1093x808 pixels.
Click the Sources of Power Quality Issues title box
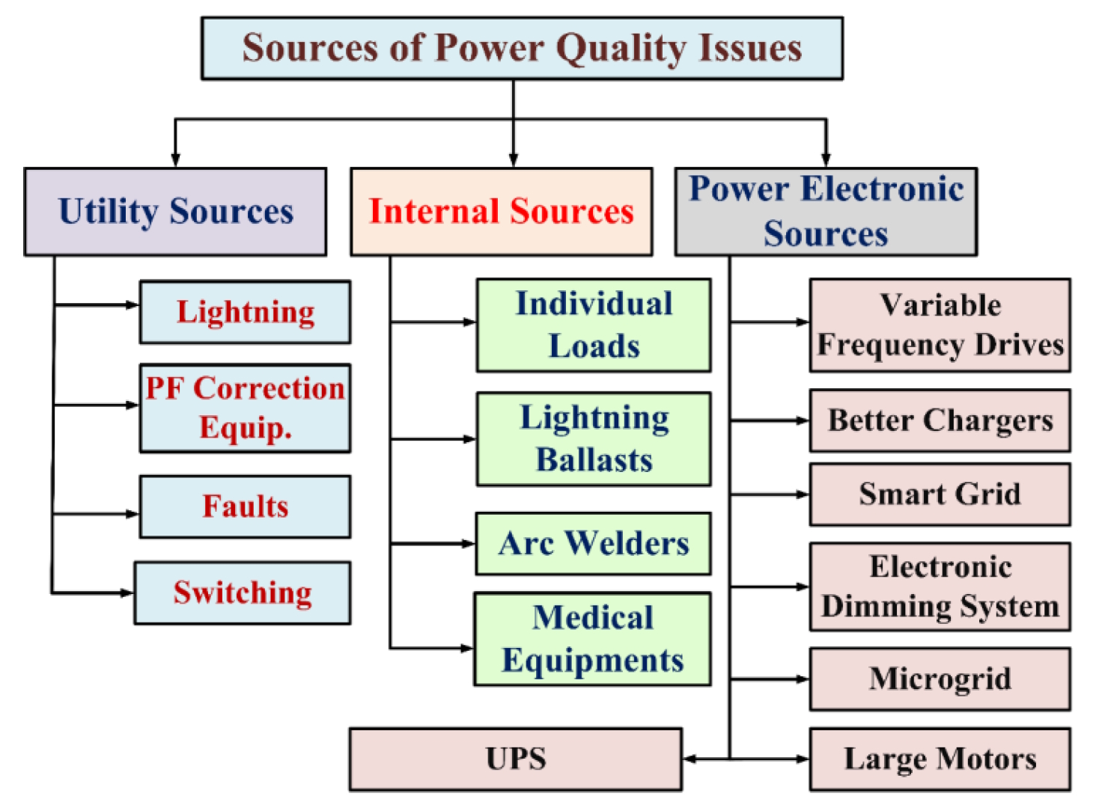click(522, 49)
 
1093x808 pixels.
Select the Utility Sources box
click(175, 212)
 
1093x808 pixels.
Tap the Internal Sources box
click(501, 212)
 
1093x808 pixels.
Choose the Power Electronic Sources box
click(826, 212)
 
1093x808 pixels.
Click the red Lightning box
click(245, 312)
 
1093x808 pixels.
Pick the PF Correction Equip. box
click(245, 408)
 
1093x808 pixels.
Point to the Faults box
click(245, 506)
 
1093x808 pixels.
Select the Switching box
click(243, 593)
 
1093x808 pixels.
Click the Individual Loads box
click(594, 325)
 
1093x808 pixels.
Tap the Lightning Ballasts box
click(594, 439)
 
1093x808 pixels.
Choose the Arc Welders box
click(593, 544)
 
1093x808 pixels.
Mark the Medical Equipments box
click(592, 639)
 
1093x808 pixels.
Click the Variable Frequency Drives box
click(940, 325)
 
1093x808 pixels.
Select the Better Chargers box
click(940, 420)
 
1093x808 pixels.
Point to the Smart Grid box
click(940, 494)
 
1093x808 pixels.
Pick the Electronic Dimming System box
click(940, 587)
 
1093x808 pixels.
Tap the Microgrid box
click(940, 679)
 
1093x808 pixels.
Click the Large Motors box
click(940, 759)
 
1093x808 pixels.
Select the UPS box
click(515, 759)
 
